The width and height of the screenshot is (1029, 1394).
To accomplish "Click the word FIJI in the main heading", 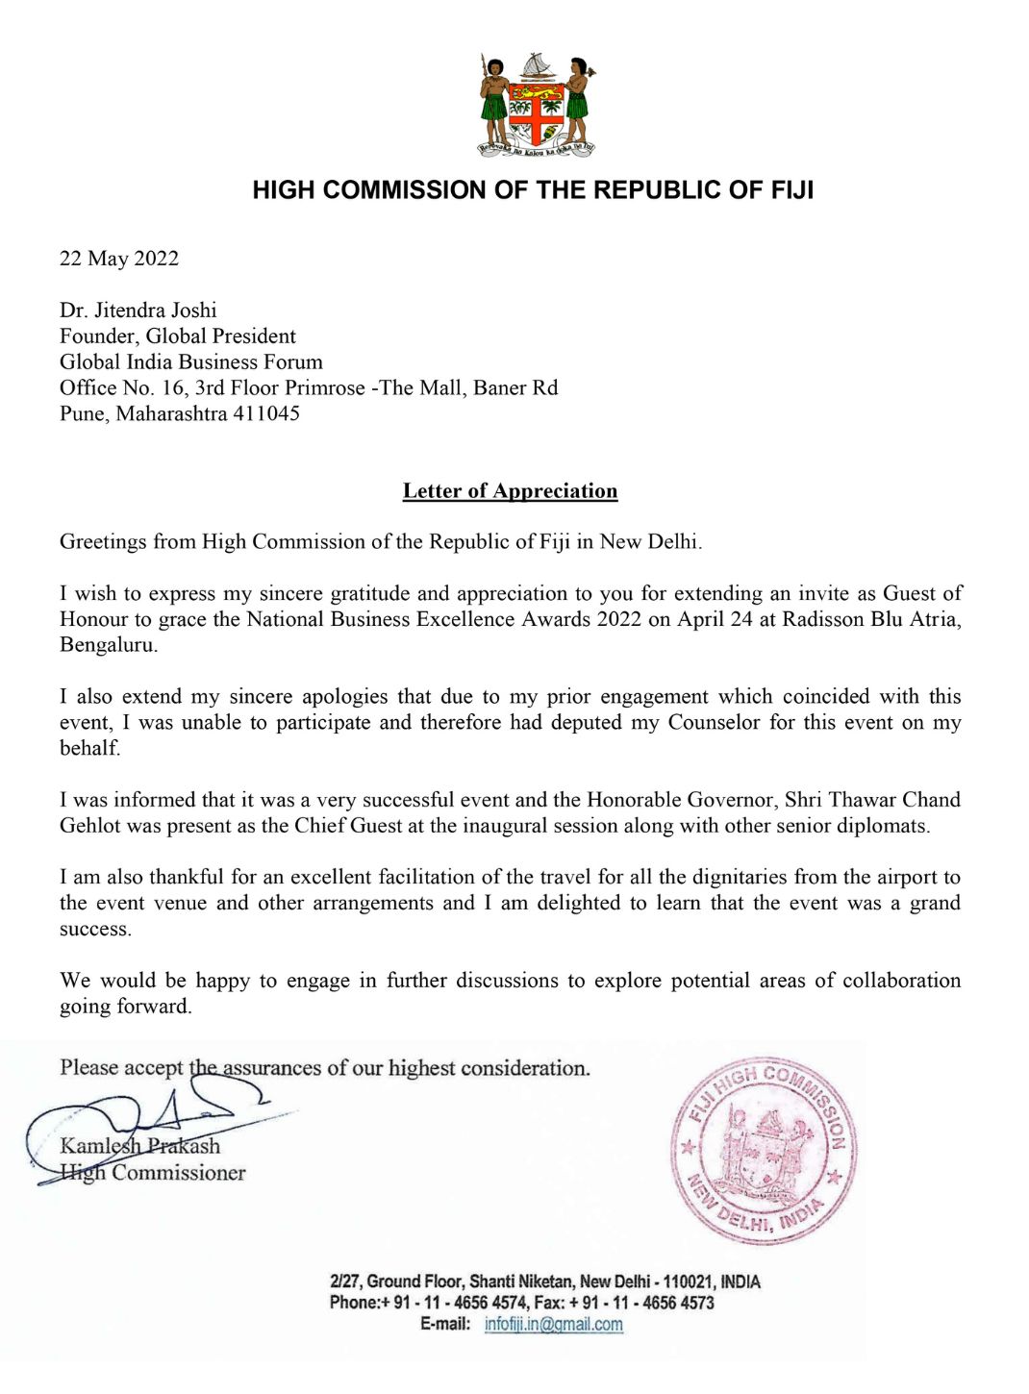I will point(791,190).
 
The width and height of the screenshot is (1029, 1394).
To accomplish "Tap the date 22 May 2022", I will point(119,259).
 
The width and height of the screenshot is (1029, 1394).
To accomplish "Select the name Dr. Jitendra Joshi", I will point(138,311).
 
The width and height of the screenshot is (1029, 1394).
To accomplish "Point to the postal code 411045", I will point(266,413).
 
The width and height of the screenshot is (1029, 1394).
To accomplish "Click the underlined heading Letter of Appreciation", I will point(510,491).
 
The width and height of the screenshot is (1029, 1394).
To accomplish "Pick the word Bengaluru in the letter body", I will point(107,645).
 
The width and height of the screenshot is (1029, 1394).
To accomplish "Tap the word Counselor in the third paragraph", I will point(714,723).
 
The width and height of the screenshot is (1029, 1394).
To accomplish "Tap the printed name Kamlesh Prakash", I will point(140,1146).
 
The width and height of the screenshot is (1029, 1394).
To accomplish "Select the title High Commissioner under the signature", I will point(153,1173).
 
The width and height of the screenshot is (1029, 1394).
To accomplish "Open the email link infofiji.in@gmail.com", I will point(553,1325).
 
